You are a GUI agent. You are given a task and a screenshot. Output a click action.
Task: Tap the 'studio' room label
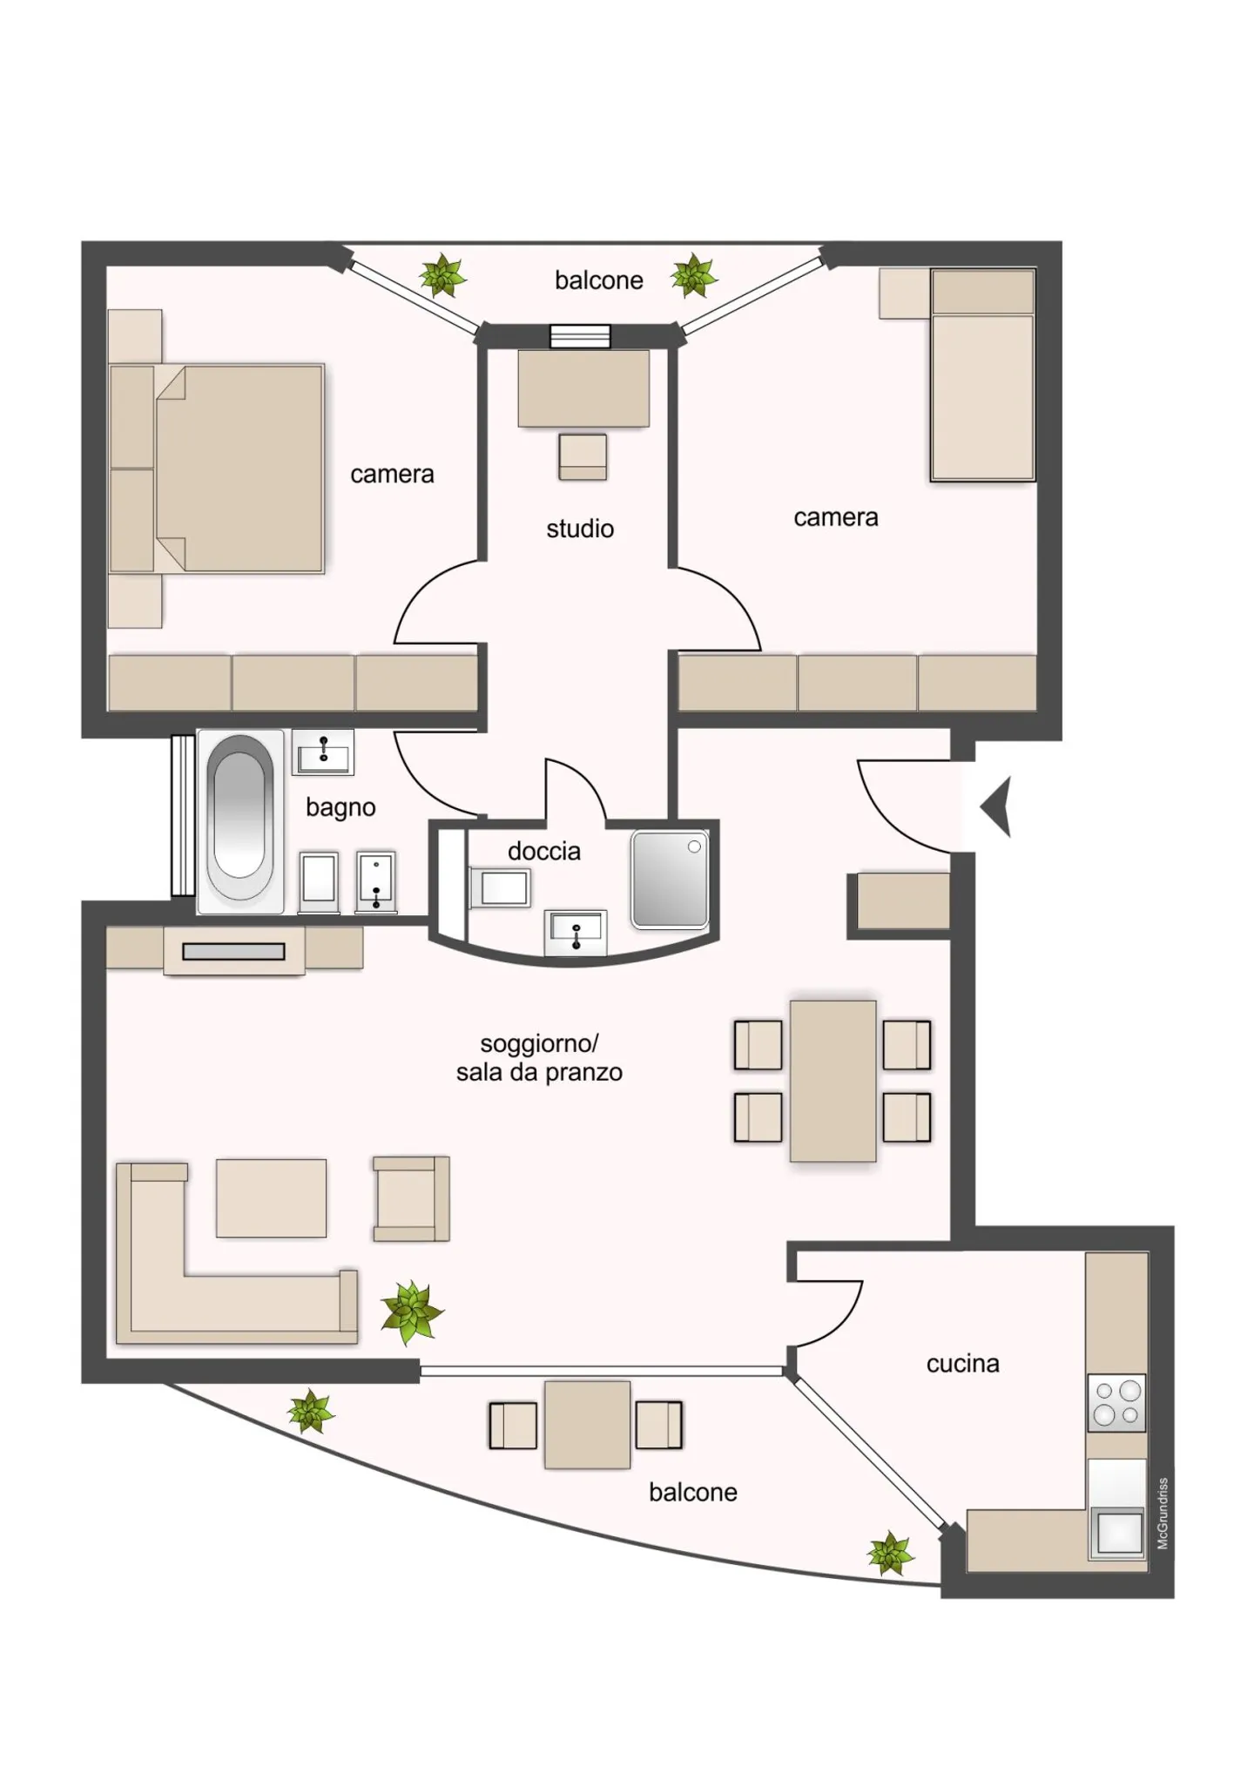(x=580, y=529)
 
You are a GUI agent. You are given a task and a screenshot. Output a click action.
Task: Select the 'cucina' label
(x=962, y=1363)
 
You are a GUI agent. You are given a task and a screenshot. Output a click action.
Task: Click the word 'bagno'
(x=340, y=808)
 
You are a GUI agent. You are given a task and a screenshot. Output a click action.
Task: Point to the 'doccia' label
(x=544, y=851)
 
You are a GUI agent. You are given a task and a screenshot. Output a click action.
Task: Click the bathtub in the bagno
(x=239, y=821)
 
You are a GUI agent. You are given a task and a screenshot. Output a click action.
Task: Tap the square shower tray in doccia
(x=670, y=878)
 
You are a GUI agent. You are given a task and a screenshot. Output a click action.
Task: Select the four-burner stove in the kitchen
(x=1116, y=1403)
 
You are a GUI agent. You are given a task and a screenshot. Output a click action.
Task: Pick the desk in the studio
(x=583, y=388)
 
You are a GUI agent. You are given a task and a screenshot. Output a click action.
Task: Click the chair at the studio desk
(x=583, y=456)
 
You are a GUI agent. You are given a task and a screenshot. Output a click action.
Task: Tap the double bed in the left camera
(x=217, y=469)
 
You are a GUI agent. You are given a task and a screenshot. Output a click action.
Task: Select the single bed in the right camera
(x=982, y=375)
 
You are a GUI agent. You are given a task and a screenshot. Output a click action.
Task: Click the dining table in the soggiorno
(x=833, y=1081)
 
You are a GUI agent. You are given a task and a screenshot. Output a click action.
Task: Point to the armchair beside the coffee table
(x=411, y=1198)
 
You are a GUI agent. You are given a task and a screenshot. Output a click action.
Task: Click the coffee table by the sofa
(x=271, y=1197)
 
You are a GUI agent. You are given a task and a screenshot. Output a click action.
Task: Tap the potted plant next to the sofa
(x=411, y=1310)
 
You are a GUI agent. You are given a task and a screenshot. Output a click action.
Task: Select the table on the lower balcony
(x=587, y=1424)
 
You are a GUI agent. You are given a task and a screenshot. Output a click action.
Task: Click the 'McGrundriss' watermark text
(x=1163, y=1513)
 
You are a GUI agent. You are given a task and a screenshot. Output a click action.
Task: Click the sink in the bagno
(x=323, y=752)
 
